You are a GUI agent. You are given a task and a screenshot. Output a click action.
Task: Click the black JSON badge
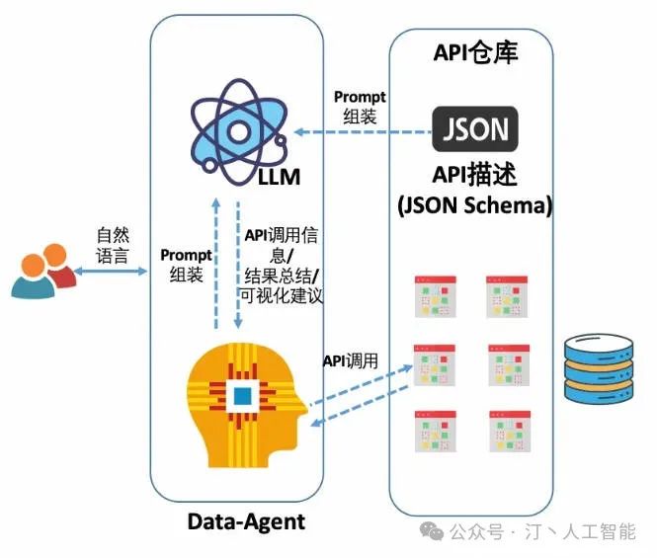click(x=475, y=129)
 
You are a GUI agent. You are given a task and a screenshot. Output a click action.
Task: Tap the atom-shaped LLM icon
click(x=239, y=132)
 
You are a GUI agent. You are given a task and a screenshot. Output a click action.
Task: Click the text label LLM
click(x=279, y=177)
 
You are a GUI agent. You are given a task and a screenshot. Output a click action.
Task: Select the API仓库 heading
click(x=475, y=52)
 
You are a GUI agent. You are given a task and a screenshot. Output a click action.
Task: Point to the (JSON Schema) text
click(x=475, y=205)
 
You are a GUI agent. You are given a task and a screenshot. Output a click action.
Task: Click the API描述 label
click(x=474, y=174)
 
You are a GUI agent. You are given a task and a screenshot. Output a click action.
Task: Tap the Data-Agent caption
click(x=246, y=522)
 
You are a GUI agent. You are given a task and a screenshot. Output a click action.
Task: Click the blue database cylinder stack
click(x=599, y=369)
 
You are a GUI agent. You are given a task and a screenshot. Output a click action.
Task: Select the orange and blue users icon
click(x=43, y=271)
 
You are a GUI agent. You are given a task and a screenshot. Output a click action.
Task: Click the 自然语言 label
click(x=113, y=246)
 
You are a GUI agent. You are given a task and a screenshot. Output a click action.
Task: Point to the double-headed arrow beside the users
click(x=111, y=272)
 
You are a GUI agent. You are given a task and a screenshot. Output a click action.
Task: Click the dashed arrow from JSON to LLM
click(x=363, y=132)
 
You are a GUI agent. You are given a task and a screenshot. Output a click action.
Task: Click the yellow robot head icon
click(x=247, y=405)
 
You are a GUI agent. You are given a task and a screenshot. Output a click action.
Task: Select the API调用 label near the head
click(x=351, y=360)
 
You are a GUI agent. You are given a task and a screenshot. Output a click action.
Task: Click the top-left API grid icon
click(x=436, y=296)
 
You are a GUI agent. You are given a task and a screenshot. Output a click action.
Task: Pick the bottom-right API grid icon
click(x=510, y=432)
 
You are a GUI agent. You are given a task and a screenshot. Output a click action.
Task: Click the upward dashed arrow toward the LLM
click(x=216, y=263)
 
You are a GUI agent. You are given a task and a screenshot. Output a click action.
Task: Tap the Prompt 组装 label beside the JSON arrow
click(x=360, y=108)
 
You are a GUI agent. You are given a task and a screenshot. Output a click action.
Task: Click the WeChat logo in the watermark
click(x=432, y=530)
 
